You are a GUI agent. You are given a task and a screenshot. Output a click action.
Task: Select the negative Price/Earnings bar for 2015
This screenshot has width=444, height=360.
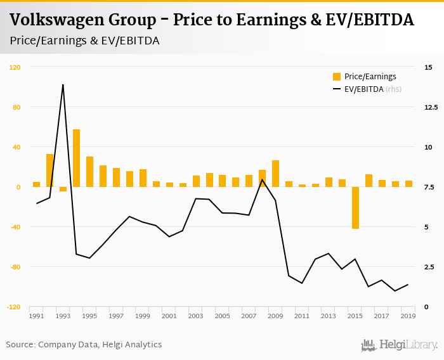(355, 207)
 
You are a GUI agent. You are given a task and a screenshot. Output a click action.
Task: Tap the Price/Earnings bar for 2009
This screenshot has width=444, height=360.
(275, 174)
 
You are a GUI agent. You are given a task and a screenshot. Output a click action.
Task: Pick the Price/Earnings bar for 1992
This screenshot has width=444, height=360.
(49, 170)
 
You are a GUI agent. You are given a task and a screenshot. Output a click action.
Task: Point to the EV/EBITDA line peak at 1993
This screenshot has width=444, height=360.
(63, 84)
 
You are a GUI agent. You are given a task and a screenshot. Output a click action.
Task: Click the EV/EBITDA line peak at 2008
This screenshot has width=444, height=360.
(262, 179)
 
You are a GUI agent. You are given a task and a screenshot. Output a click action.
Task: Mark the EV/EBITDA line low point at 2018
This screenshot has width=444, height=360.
(395, 291)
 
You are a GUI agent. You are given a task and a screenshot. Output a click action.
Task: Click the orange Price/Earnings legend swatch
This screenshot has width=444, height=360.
(337, 77)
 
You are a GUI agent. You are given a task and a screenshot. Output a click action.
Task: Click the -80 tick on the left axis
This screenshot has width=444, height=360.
(15, 267)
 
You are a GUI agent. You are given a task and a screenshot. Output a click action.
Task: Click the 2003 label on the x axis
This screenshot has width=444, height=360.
(195, 316)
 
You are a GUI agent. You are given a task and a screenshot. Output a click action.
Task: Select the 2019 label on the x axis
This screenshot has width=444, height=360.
(408, 316)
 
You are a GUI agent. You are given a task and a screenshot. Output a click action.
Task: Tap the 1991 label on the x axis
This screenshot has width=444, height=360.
(36, 316)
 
